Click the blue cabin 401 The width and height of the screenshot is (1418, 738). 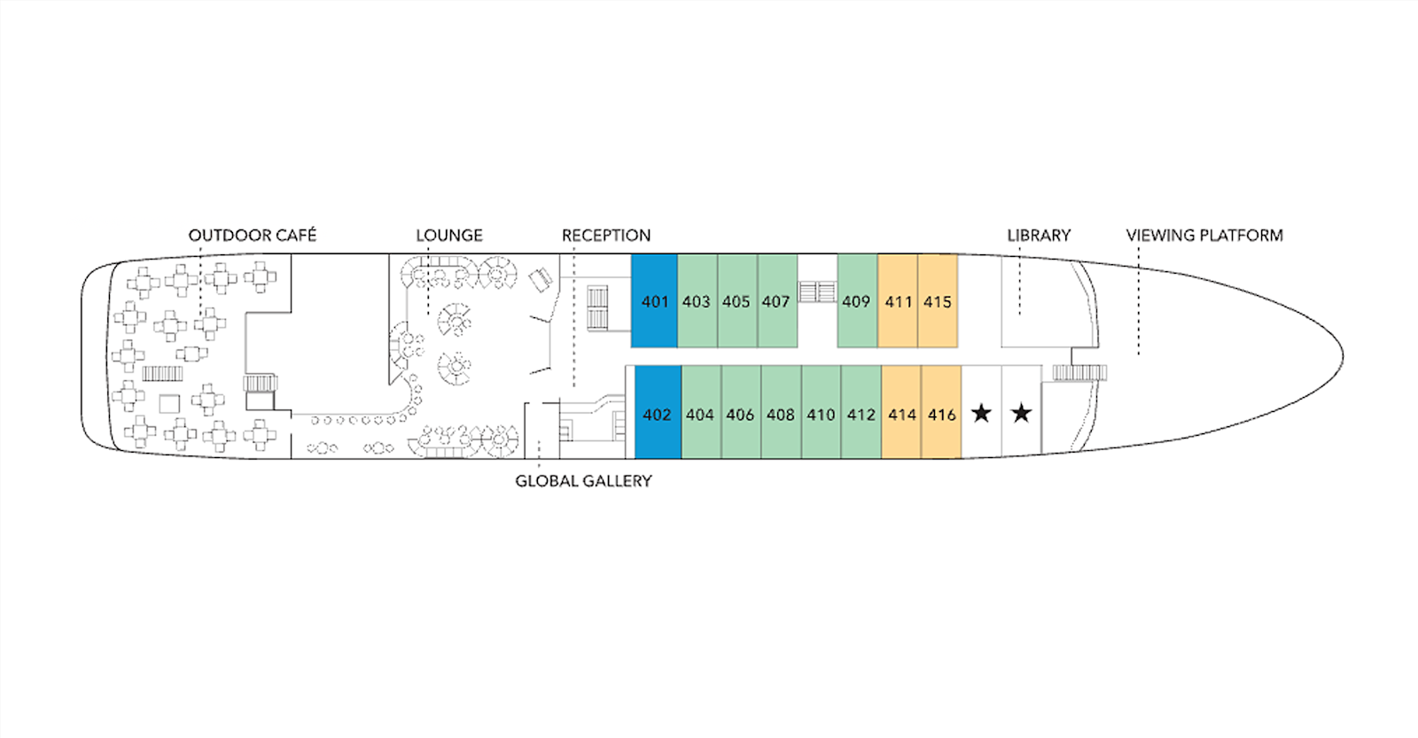click(x=654, y=301)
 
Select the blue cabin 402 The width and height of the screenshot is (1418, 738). click(x=658, y=414)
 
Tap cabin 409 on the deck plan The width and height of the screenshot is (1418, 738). click(x=856, y=301)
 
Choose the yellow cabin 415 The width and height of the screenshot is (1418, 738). click(x=938, y=301)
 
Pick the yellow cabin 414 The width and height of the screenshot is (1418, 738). click(x=901, y=414)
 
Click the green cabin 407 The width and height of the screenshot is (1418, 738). click(x=776, y=301)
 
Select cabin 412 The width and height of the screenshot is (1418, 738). click(x=861, y=414)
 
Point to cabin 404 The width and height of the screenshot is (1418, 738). click(x=700, y=414)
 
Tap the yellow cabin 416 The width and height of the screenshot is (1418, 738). click(x=941, y=414)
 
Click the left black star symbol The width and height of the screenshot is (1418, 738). click(x=981, y=413)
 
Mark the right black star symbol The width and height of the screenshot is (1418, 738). click(x=1021, y=413)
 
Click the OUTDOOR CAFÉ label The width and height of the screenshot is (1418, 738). click(x=252, y=235)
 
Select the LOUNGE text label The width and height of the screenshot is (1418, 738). click(x=449, y=235)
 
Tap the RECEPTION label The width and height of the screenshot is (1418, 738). click(x=606, y=235)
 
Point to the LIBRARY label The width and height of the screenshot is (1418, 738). click(x=1039, y=235)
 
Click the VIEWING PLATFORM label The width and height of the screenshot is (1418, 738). click(x=1204, y=235)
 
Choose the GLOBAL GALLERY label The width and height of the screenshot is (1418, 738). click(x=583, y=481)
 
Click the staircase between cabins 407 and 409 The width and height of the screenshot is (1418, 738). click(x=817, y=291)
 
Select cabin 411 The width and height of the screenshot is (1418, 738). click(x=898, y=301)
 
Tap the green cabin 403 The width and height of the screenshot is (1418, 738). click(x=697, y=301)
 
